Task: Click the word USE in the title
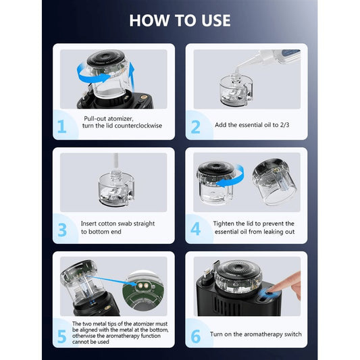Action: point(216,21)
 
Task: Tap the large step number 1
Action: point(61,126)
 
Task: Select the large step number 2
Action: point(195,127)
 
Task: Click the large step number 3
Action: point(62,230)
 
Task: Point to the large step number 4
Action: point(195,229)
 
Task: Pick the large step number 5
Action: point(61,336)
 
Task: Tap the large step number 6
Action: point(196,336)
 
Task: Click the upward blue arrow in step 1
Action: point(132,77)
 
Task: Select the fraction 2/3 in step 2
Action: point(284,125)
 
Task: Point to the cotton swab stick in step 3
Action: point(116,162)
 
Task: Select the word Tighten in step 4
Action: point(224,224)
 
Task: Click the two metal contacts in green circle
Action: point(143,286)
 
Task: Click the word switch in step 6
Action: point(292,334)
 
